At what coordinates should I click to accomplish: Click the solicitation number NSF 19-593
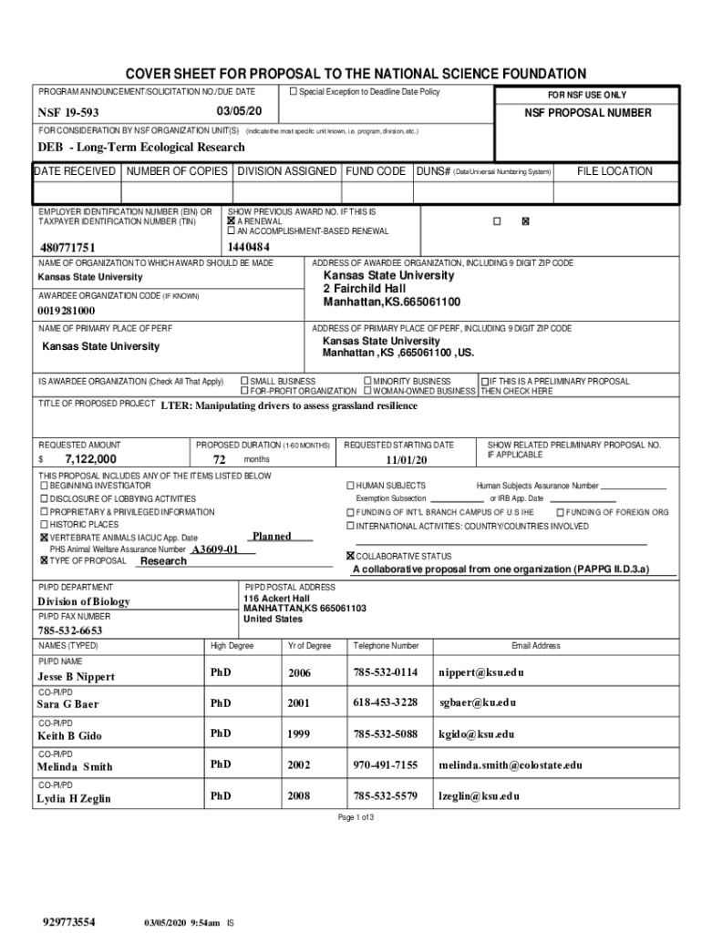click(x=68, y=112)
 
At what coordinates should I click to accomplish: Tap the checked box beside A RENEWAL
click(x=232, y=220)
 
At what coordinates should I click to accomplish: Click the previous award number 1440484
click(x=248, y=247)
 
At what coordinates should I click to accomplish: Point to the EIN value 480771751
click(x=67, y=248)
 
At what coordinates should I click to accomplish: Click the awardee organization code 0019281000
click(x=66, y=312)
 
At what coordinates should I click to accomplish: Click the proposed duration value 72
click(x=219, y=459)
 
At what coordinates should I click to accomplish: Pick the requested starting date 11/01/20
click(x=406, y=459)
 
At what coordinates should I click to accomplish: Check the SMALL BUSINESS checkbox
click(x=244, y=381)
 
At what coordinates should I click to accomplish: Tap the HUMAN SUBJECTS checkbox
click(x=350, y=486)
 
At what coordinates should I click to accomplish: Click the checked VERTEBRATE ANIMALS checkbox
click(x=44, y=538)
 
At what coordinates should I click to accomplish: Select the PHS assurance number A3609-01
click(x=215, y=550)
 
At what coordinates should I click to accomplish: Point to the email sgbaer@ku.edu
click(x=477, y=702)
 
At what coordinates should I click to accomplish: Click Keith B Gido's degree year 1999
click(x=299, y=733)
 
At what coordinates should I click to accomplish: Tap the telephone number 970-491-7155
click(x=385, y=765)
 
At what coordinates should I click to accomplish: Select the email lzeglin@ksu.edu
click(x=479, y=795)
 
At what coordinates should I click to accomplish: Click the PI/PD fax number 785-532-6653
click(x=69, y=631)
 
